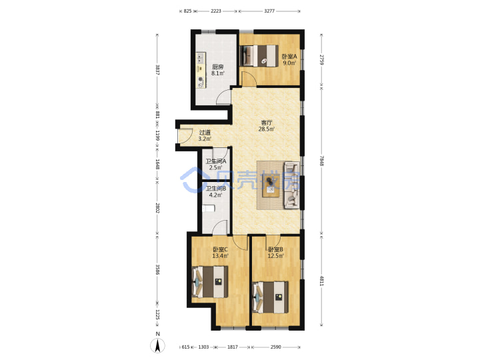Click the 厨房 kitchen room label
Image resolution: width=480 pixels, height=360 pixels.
(217, 67)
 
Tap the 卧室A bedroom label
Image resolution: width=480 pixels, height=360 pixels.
(289, 57)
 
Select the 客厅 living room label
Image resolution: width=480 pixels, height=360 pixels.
(266, 123)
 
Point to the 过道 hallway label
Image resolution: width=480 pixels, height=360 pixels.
(205, 133)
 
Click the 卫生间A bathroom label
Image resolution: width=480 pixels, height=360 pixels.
(216, 161)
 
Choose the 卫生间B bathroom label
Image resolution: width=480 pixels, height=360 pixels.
(216, 189)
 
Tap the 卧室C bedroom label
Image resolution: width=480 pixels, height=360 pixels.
(220, 249)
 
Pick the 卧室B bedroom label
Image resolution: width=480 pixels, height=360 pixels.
(275, 249)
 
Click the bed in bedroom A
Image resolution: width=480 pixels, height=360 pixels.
(259, 56)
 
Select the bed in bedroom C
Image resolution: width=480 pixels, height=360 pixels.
(210, 281)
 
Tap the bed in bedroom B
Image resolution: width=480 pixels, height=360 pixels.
(270, 297)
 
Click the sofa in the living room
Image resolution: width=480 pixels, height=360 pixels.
(292, 185)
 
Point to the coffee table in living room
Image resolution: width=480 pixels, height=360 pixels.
(270, 186)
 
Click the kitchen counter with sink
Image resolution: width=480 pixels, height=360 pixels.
(201, 70)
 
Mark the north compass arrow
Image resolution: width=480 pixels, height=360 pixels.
(157, 346)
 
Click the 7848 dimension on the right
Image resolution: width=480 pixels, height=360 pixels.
(322, 161)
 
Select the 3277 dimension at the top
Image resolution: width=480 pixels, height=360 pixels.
(269, 11)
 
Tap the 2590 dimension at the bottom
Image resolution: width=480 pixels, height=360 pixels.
(275, 347)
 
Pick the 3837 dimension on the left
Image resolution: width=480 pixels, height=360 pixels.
(157, 70)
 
